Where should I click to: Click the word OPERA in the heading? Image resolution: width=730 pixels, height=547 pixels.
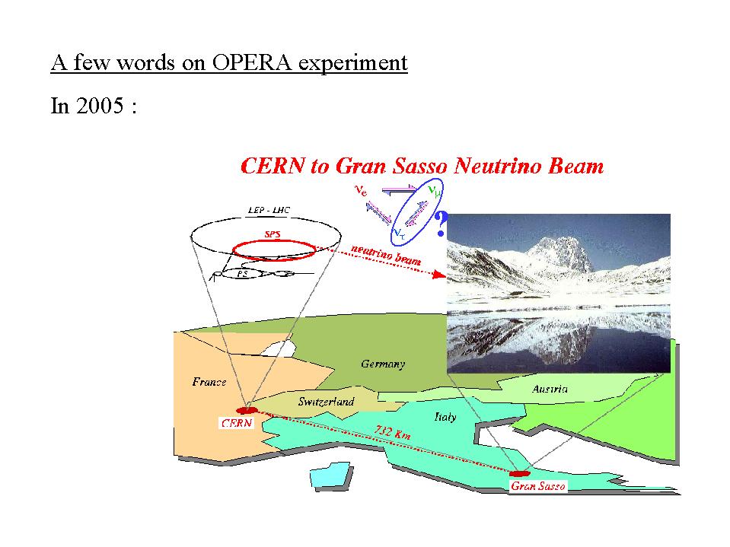click(251, 62)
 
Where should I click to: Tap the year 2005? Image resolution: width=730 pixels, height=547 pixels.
click(100, 106)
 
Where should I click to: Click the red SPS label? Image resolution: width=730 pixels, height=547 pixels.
click(273, 234)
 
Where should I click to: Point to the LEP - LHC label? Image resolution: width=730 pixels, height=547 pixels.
click(269, 210)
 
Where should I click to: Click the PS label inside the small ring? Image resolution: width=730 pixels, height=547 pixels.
click(242, 274)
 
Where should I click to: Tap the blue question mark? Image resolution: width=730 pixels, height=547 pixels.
click(441, 224)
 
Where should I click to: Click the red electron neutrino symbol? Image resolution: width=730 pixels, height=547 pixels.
click(361, 191)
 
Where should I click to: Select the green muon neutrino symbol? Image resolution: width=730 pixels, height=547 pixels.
click(434, 191)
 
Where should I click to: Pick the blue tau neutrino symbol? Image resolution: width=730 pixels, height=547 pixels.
click(400, 234)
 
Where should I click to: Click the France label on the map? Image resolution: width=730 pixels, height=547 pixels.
click(209, 382)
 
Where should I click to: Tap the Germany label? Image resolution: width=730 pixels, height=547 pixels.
click(383, 364)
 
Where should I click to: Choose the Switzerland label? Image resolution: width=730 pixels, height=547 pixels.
click(326, 402)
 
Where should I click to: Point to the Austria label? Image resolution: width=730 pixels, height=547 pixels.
click(550, 389)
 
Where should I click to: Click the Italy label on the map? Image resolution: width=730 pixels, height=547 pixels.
click(445, 417)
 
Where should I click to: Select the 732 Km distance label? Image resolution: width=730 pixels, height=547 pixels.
click(393, 433)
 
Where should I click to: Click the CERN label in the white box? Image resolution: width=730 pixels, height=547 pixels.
click(237, 423)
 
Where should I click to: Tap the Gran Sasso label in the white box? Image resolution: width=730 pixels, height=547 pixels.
click(538, 486)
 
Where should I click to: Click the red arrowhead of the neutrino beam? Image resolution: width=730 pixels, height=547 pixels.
click(438, 274)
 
